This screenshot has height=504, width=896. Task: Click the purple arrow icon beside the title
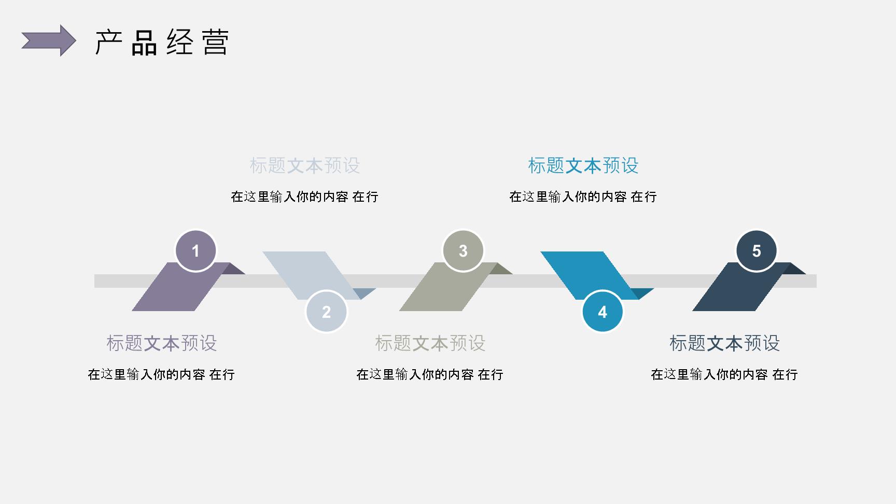[x=49, y=40]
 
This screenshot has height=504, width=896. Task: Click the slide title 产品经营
[x=162, y=43]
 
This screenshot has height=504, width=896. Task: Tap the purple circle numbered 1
[x=195, y=251]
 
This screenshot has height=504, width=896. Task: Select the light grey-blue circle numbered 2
[x=326, y=312]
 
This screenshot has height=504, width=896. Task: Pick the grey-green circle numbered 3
[x=463, y=251]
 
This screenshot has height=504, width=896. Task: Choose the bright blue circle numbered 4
[x=603, y=312]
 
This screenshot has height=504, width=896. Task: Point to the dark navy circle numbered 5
[x=757, y=251]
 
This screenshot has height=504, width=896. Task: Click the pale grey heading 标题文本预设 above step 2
[x=305, y=166]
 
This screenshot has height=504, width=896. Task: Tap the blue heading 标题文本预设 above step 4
[x=583, y=166]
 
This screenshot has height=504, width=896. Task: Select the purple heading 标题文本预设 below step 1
[x=162, y=343]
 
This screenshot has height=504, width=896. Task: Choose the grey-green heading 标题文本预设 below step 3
[x=430, y=343]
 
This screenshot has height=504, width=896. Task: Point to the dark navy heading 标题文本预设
[x=725, y=343]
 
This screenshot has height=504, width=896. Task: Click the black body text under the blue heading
[x=583, y=197]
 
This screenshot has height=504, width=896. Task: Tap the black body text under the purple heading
[x=161, y=374]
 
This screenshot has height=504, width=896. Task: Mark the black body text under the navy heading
[x=724, y=374]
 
